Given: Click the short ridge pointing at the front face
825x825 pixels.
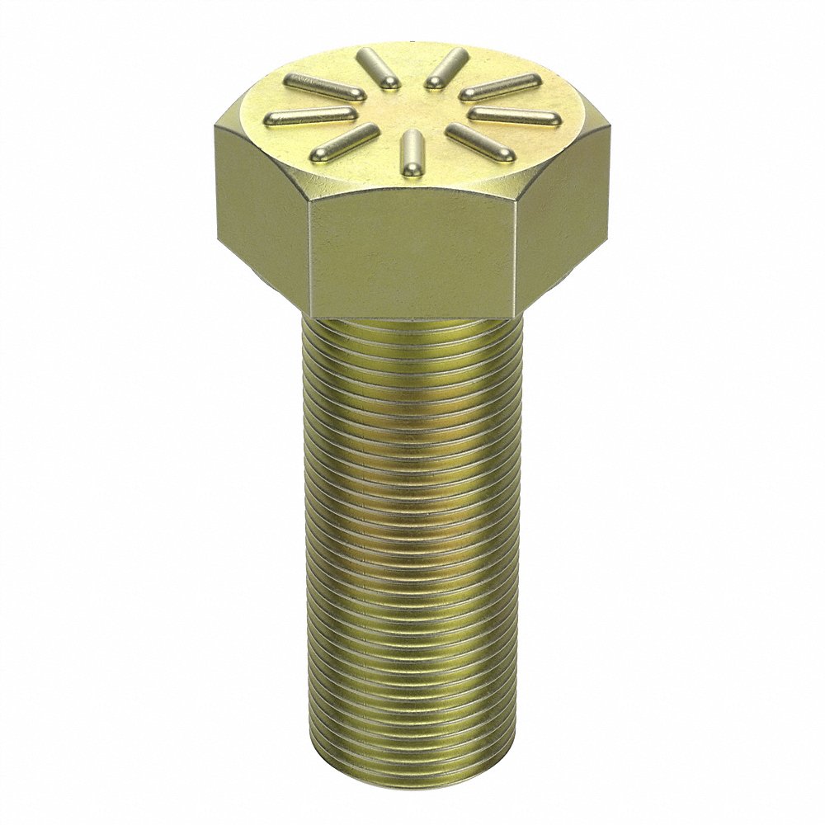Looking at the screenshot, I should click(x=409, y=153).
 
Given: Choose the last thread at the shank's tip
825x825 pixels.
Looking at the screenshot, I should click(x=410, y=767).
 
